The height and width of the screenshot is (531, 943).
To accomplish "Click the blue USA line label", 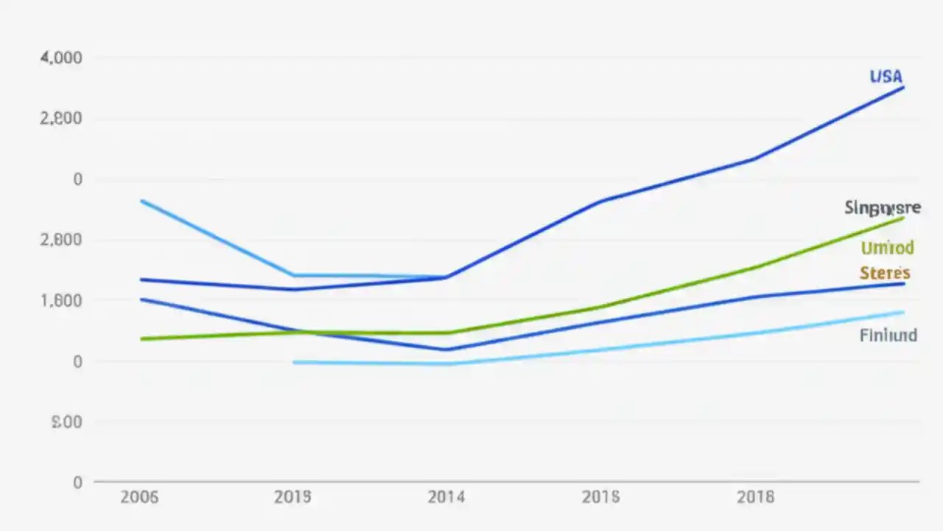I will [886, 77].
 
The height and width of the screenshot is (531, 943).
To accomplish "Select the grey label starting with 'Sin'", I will [882, 208].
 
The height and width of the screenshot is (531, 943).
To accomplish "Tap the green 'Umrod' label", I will [887, 248].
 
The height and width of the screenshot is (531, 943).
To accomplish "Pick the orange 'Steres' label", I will [885, 274].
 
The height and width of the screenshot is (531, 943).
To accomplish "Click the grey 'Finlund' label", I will [888, 336].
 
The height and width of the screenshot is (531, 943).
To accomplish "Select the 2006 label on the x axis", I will [139, 497].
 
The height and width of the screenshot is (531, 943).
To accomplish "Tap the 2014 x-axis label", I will [446, 497].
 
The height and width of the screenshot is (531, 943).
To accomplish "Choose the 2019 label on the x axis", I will [292, 497].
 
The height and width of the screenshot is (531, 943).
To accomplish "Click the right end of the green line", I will [903, 218].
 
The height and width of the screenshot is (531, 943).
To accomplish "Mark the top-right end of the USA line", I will [903, 88].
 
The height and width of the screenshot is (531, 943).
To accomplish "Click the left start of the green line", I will [141, 339].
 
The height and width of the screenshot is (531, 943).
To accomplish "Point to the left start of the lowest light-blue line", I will [294, 362].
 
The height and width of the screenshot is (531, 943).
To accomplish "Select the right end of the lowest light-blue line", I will [903, 312].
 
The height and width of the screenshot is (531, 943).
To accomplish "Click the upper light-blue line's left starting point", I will [141, 201].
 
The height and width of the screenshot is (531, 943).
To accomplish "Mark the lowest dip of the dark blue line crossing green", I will [446, 350].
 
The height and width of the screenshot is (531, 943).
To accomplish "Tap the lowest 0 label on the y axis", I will [77, 482].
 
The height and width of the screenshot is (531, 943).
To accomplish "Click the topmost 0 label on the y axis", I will [77, 179].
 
